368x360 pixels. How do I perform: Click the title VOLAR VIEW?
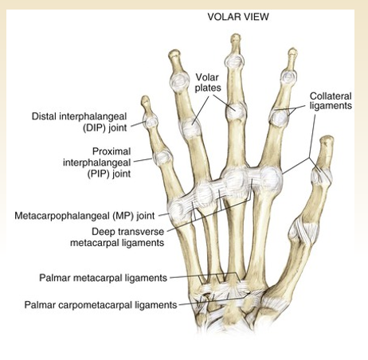238,17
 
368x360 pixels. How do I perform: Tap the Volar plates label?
208,83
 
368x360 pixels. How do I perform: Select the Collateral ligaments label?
331,101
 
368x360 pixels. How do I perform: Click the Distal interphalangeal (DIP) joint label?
79,122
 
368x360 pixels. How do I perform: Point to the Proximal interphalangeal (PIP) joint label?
97,162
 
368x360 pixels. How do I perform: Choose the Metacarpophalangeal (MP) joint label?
84,216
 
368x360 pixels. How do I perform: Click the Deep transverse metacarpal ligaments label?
117,237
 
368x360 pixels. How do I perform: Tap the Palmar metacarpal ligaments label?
104,278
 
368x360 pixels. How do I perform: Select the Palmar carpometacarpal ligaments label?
100,304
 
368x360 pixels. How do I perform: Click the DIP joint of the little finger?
151,122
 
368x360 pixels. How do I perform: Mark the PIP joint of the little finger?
163,158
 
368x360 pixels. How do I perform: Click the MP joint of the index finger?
270,178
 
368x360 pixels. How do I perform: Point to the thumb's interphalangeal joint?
322,175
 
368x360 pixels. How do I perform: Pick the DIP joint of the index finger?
288,77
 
